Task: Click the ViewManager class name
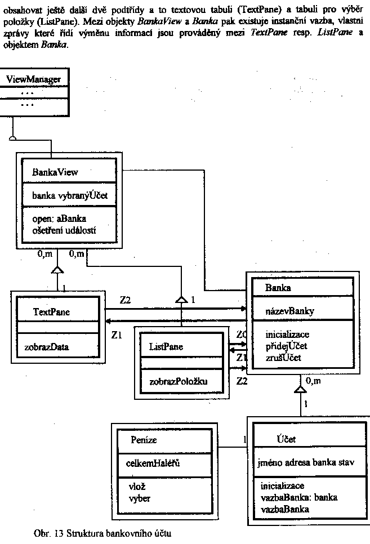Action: [33, 79]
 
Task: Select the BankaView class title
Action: [55, 172]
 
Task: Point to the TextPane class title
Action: [52, 311]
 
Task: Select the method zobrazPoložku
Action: [178, 381]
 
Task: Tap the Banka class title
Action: [278, 288]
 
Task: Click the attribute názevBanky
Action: [290, 310]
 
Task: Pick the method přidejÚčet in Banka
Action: [286, 345]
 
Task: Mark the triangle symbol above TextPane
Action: [56, 271]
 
